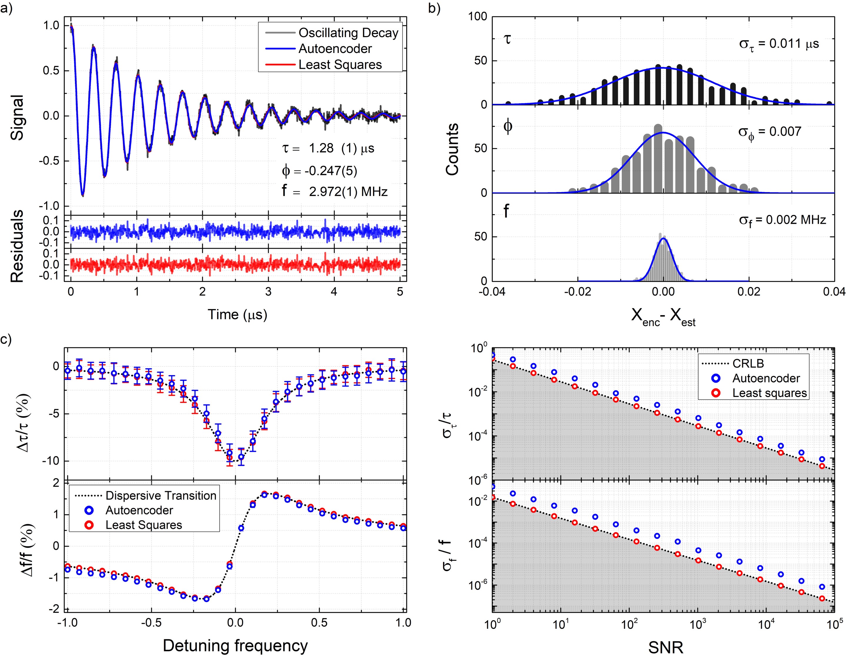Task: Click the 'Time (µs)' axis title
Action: point(237,315)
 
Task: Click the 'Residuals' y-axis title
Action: point(17,246)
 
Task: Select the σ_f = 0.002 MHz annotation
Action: point(782,220)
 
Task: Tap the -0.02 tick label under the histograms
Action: point(577,292)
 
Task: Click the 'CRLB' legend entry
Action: point(748,364)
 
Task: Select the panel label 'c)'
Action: point(6,339)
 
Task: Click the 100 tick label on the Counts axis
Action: point(477,16)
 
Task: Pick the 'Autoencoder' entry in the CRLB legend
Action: point(766,378)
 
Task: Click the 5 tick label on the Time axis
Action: point(400,292)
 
